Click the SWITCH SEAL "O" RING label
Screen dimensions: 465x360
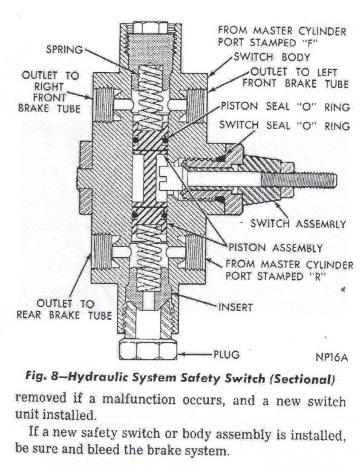pos(284,126)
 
